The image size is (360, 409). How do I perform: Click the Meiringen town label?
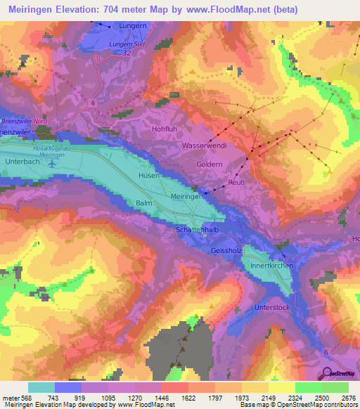(x=187, y=197)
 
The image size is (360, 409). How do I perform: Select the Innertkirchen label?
(x=270, y=266)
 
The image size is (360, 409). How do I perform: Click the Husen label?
(x=148, y=175)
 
